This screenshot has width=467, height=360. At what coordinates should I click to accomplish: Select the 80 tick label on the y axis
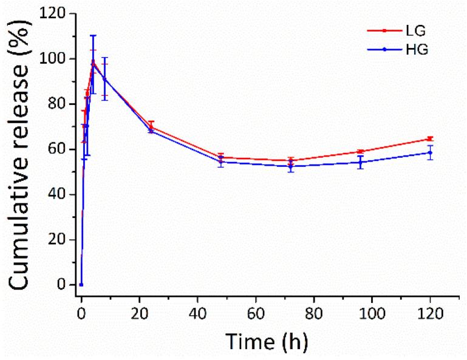(57, 104)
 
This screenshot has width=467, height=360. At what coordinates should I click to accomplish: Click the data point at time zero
(81, 285)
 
